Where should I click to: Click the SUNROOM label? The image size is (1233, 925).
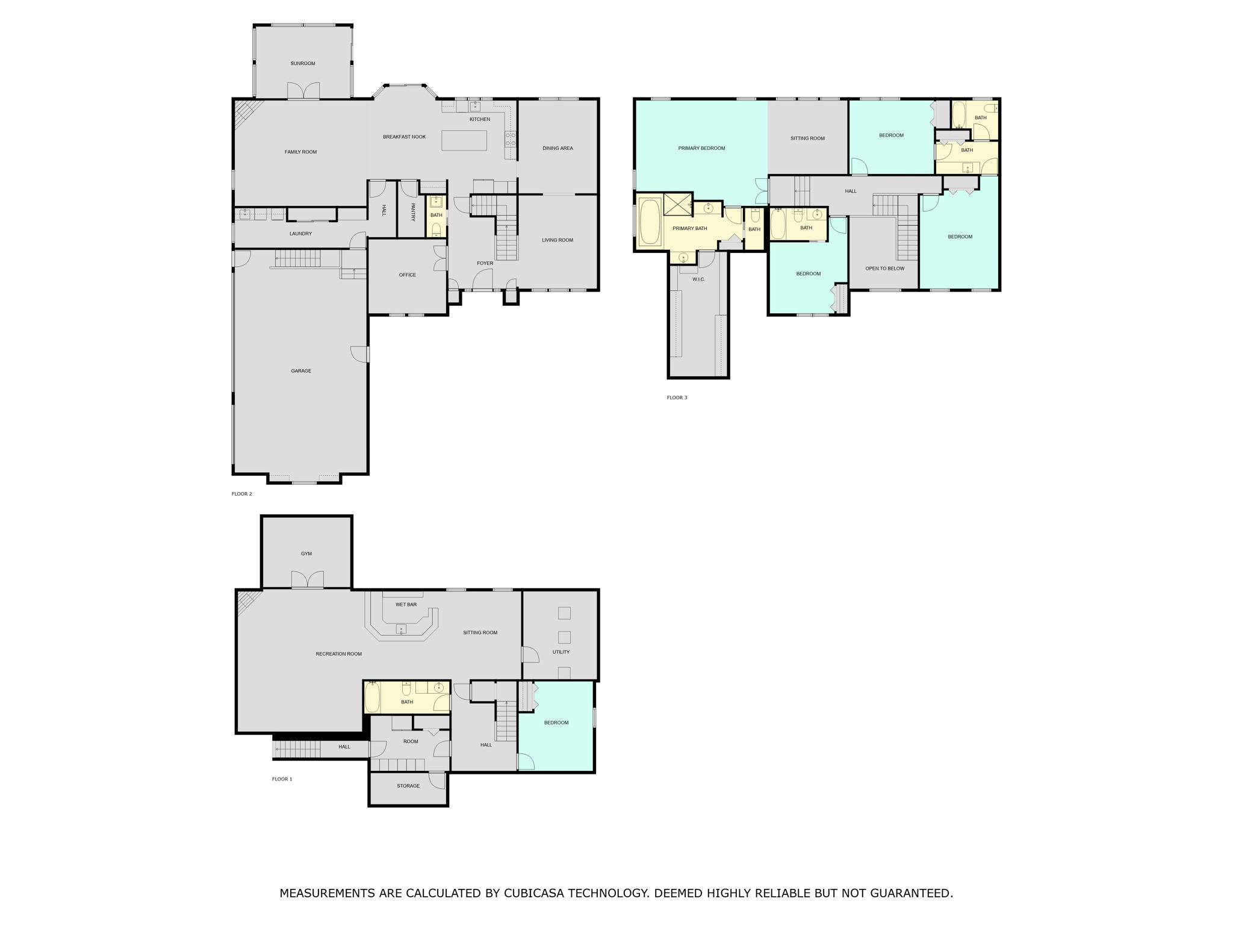click(303, 63)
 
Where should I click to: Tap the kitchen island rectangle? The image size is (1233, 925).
click(464, 140)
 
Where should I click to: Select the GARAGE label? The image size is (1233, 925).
click(301, 371)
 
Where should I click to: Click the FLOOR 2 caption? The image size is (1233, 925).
click(242, 494)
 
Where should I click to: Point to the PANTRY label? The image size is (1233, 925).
click(413, 211)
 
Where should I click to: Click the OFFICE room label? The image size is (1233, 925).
click(408, 275)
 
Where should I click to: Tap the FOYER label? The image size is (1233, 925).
click(485, 263)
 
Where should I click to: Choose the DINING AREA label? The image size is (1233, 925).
click(558, 148)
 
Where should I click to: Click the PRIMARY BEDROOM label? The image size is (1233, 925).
click(702, 148)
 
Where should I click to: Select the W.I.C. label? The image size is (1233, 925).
click(698, 279)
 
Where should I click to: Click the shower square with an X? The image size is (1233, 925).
click(677, 205)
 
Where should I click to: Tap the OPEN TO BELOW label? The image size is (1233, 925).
click(885, 269)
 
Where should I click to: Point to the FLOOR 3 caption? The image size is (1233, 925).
click(677, 397)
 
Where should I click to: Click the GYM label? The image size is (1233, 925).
click(306, 553)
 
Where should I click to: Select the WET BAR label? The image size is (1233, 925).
click(406, 605)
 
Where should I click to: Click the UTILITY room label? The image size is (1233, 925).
click(561, 652)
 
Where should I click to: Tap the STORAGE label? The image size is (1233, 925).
click(408, 786)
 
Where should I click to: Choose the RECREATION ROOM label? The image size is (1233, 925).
click(339, 654)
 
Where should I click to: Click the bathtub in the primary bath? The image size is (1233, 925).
click(650, 223)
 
